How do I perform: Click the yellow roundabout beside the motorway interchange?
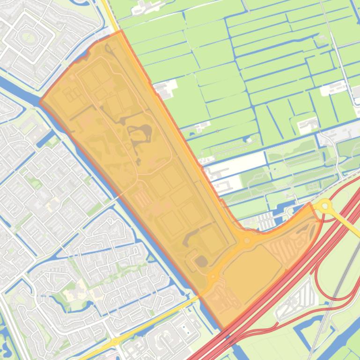(x=324, y=206)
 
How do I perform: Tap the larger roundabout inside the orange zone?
(x=247, y=240)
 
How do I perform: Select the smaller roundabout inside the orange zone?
(x=213, y=277)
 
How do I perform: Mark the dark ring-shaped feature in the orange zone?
(x=141, y=136)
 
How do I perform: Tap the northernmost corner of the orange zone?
(x=121, y=31)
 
